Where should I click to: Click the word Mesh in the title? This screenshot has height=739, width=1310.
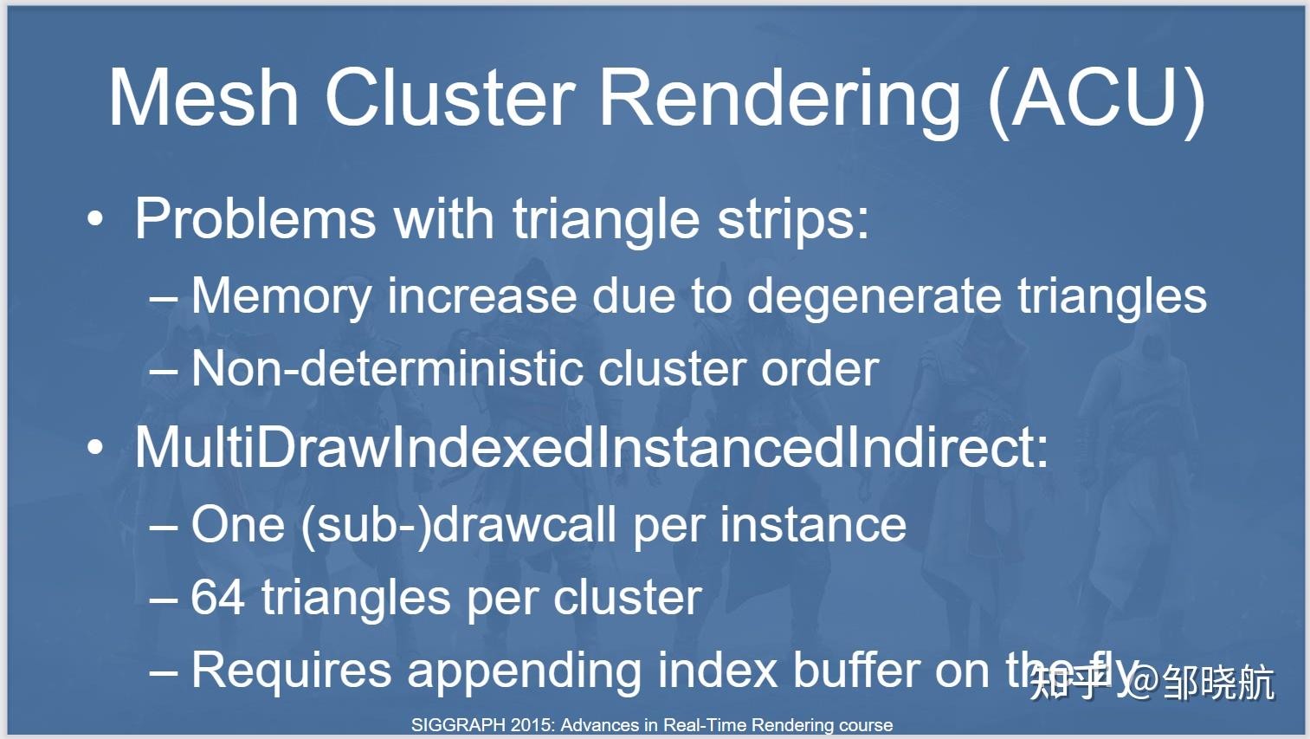point(203,97)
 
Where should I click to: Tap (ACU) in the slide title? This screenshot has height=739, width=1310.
point(1096,99)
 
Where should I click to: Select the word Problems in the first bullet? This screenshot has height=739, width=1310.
point(255,218)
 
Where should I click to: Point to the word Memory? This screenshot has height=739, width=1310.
point(282,297)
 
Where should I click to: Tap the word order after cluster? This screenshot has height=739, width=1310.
point(820,369)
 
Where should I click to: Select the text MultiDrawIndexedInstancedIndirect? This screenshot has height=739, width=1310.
point(591,448)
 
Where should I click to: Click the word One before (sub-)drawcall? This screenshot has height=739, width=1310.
point(237,525)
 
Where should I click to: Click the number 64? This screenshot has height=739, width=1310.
point(217,598)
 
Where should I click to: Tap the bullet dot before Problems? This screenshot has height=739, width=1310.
point(95,220)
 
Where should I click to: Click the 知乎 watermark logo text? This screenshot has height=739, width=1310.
point(1068,681)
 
